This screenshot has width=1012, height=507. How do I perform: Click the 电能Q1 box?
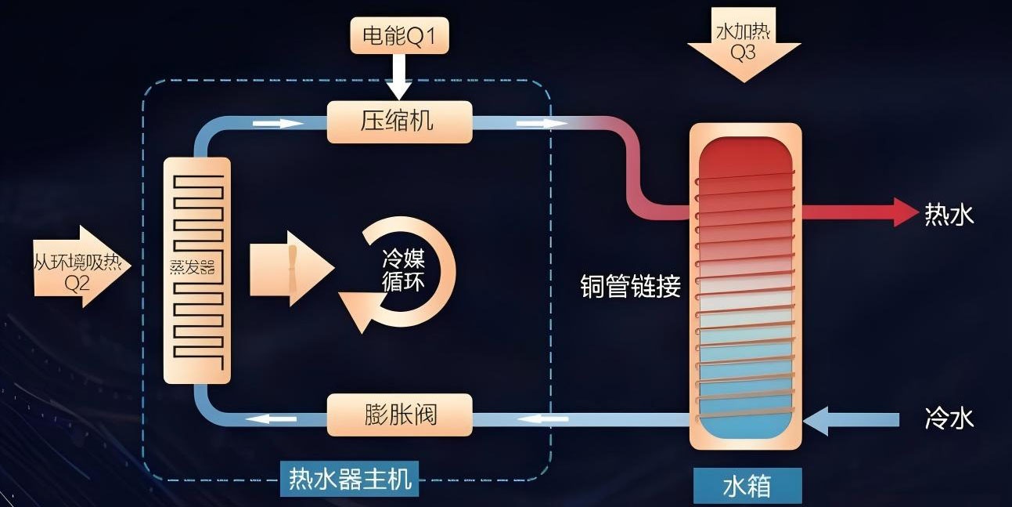[x=399, y=36]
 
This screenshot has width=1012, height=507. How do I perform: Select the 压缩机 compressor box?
[x=399, y=121]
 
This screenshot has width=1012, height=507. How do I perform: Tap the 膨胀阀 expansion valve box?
[x=399, y=415]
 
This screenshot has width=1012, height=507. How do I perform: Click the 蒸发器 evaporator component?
[x=197, y=270]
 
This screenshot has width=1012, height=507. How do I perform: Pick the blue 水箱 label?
[x=747, y=486]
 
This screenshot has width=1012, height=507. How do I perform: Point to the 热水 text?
[x=949, y=213]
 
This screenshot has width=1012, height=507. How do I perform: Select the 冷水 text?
[x=949, y=418]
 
